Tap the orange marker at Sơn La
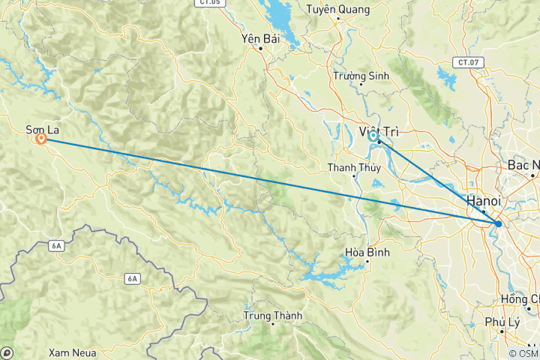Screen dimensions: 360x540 (40, 139)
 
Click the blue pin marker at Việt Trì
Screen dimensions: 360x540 (373, 136)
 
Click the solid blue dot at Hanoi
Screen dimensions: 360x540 (499, 223)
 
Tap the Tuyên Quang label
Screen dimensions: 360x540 (338, 10)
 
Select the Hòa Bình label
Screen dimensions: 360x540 (367, 253)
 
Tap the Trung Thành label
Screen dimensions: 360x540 (272, 316)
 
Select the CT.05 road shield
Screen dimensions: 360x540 (212, 3)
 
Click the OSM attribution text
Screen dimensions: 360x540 (523, 353)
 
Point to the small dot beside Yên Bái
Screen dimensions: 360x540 (260, 49)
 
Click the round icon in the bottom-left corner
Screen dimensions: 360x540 (7, 352)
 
